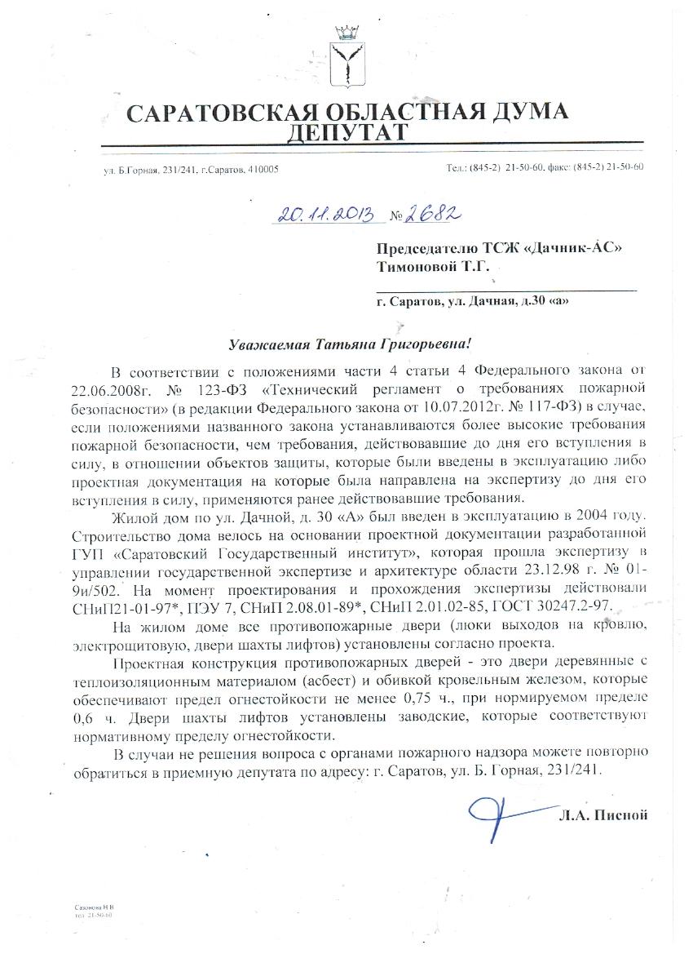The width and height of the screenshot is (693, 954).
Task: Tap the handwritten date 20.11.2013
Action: pyautogui.click(x=325, y=215)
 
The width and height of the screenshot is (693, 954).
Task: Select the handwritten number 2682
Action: pyautogui.click(x=437, y=214)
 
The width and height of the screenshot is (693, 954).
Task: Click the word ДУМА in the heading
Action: pyautogui.click(x=518, y=112)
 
